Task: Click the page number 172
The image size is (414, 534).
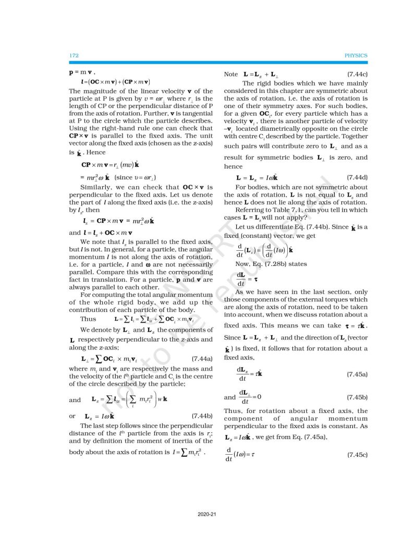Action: coord(73,55)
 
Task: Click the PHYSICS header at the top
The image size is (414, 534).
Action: coord(356,55)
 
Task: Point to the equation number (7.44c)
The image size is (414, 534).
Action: coord(357,75)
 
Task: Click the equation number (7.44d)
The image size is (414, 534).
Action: coord(357,178)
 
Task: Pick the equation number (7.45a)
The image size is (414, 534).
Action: coord(357,374)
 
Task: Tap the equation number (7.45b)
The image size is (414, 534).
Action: coord(357,397)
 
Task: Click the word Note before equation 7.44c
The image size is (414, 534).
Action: coord(231,75)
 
